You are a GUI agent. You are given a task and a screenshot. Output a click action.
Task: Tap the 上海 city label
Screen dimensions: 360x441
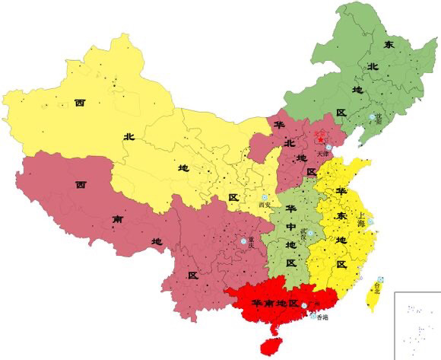pyautogui.click(x=363, y=215)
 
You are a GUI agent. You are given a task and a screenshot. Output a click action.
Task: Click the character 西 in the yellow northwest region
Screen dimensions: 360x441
pyautogui.click(x=79, y=102)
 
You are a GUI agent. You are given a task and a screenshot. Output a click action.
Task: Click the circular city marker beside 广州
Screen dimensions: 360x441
pyautogui.click(x=305, y=305)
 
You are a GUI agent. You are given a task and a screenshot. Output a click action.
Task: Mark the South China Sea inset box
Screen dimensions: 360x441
pyautogui.click(x=417, y=326)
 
